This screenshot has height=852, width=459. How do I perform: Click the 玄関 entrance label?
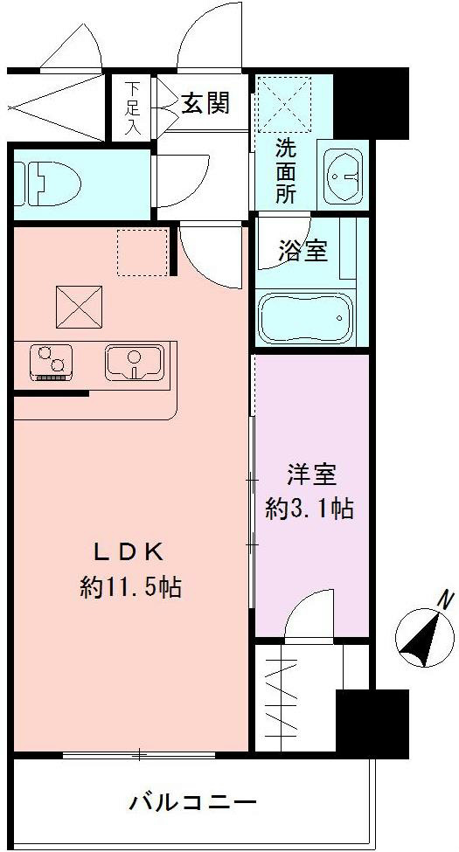[206, 104]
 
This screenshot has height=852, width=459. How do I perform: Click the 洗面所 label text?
[286, 170]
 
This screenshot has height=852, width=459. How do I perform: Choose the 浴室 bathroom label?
[303, 251]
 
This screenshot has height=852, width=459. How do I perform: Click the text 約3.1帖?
[309, 509]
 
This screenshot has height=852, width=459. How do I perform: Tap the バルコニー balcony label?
[193, 801]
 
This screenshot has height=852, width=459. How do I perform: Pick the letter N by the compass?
[445, 601]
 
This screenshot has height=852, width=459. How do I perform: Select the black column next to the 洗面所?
[372, 102]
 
